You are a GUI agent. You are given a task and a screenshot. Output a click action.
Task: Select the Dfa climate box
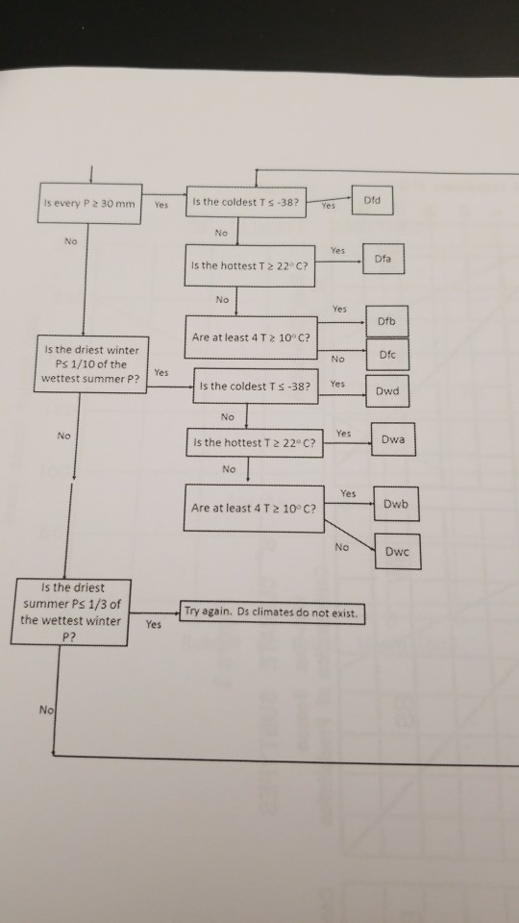[x=383, y=259]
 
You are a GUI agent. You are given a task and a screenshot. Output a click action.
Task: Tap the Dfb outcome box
[x=387, y=320]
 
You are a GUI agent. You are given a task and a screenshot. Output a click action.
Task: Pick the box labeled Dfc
[x=387, y=353]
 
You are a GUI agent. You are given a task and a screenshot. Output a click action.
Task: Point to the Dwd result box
[x=387, y=391]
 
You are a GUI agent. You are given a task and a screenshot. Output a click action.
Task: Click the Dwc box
[x=398, y=553]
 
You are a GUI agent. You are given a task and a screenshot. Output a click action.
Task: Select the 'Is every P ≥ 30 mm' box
[x=90, y=204]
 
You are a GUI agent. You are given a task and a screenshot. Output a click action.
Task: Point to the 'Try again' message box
[x=273, y=612]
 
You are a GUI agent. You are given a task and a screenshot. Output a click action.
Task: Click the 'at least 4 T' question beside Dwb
[x=255, y=508]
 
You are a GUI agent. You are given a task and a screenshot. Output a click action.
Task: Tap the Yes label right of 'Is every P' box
[x=161, y=204]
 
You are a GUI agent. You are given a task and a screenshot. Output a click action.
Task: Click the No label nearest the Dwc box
[x=341, y=546]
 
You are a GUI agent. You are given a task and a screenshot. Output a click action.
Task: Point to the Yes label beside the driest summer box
[x=153, y=623]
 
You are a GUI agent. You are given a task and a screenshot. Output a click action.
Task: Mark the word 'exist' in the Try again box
[x=345, y=612]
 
